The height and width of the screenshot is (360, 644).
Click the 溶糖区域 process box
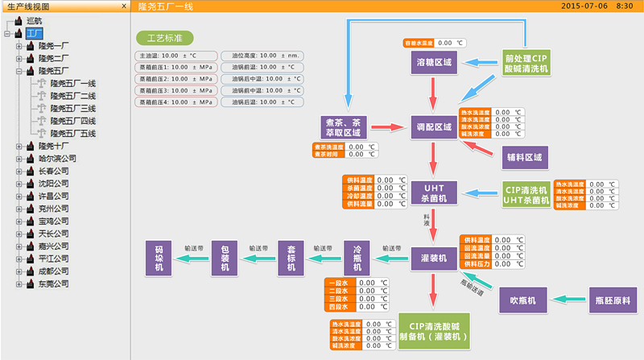434,61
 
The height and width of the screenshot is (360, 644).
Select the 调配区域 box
434,128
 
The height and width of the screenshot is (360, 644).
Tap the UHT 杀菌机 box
434,192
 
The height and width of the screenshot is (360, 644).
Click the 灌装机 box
434,258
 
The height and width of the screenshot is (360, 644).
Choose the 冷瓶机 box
359,258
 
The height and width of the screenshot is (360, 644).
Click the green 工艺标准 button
164,37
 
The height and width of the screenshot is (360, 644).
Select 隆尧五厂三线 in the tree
72,108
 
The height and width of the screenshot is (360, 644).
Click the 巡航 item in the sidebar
36,20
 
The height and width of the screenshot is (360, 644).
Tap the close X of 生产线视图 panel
123,6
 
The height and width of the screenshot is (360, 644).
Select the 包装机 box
226,258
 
